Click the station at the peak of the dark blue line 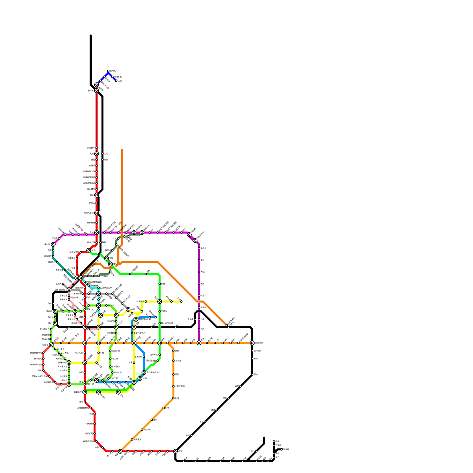(x=108, y=71)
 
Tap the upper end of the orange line (x=122, y=150)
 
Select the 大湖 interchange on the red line (x=96, y=154)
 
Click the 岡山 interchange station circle (x=96, y=195)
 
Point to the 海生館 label (x=286, y=449)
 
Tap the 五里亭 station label (x=278, y=445)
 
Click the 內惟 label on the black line (x=50, y=304)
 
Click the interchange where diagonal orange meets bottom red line (x=120, y=451)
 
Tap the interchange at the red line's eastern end (x=175, y=451)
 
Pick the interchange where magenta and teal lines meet (x=53, y=244)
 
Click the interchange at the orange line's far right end (x=252, y=343)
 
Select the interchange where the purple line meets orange (x=199, y=343)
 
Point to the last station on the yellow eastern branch (x=181, y=302)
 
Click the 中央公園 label (x=80, y=353)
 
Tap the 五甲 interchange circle (x=118, y=392)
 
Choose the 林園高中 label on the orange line (x=147, y=430)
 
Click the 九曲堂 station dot (x=195, y=319)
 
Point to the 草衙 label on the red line (x=81, y=402)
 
